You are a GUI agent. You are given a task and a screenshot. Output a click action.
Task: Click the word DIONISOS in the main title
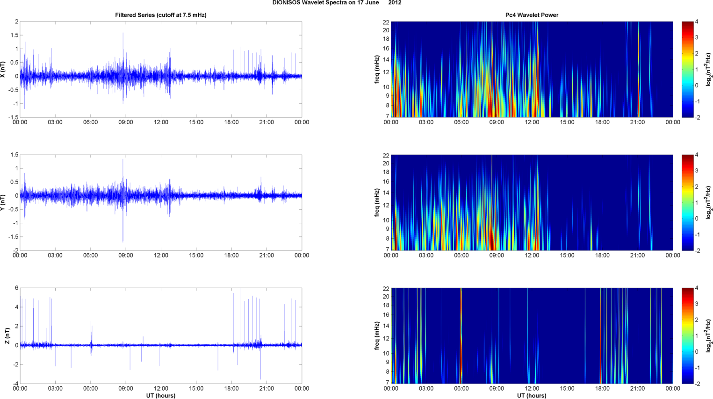point(287,3)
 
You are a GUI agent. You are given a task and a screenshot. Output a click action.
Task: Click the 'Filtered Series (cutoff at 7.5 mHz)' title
point(161,15)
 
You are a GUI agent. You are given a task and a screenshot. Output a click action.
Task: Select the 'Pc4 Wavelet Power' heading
point(532,15)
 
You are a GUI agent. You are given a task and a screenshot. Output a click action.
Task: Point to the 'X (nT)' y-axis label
point(3,69)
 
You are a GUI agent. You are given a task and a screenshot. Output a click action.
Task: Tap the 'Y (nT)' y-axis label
point(3,202)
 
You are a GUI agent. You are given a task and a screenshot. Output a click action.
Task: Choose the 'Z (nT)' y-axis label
point(7,336)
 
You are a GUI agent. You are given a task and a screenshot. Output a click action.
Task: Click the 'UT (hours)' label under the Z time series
point(161,395)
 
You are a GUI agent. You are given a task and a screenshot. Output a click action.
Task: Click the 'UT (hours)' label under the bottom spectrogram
point(532,395)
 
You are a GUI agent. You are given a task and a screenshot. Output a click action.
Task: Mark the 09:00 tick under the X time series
point(126,122)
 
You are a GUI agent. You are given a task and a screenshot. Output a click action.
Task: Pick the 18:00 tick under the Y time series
point(231,256)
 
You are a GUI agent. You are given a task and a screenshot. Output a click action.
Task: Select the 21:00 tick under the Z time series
point(266,389)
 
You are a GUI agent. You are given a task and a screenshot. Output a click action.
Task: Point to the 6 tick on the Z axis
point(16,288)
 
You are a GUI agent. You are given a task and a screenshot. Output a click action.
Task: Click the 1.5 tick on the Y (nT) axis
point(14,155)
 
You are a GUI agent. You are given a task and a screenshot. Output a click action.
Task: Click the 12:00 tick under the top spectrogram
point(532,122)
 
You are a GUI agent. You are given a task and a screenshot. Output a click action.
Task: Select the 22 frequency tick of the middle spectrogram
point(386,156)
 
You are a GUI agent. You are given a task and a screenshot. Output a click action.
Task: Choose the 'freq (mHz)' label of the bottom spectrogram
point(377,335)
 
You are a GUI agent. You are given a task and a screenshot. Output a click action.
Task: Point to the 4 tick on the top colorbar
point(697,22)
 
